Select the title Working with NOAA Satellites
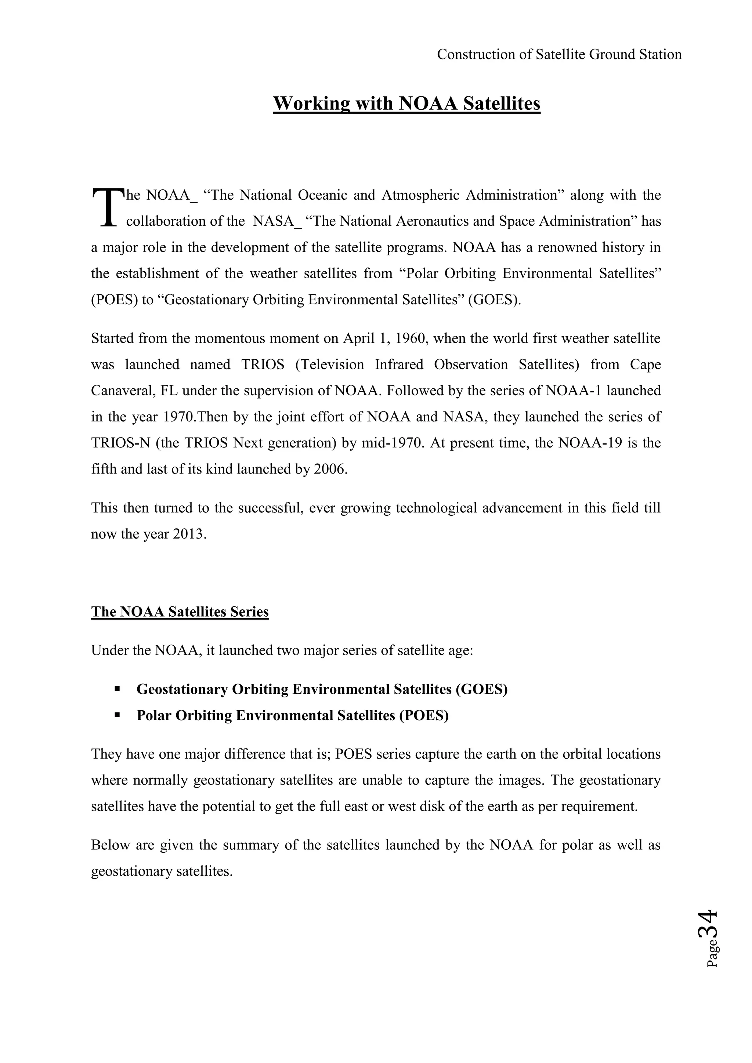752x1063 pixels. (406, 103)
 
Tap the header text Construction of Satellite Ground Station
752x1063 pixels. (559, 55)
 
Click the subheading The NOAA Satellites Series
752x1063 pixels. (180, 612)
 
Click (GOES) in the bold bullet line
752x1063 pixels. (482, 689)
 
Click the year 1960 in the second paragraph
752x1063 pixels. (411, 338)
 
